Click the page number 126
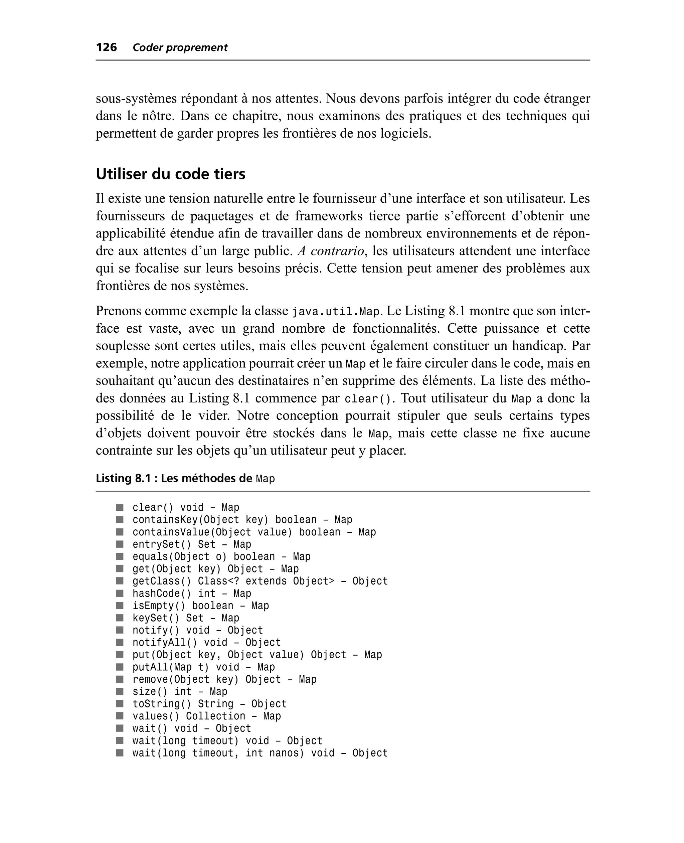point(107,47)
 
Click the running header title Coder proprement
point(180,48)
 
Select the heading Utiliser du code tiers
point(170,174)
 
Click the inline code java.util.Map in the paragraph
point(335,312)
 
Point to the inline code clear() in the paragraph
point(369,399)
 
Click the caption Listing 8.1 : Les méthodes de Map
point(185,478)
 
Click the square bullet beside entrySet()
point(120,544)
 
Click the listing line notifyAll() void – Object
point(206,643)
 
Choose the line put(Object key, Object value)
point(257,655)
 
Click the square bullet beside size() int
point(120,691)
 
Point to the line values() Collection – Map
point(206,716)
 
